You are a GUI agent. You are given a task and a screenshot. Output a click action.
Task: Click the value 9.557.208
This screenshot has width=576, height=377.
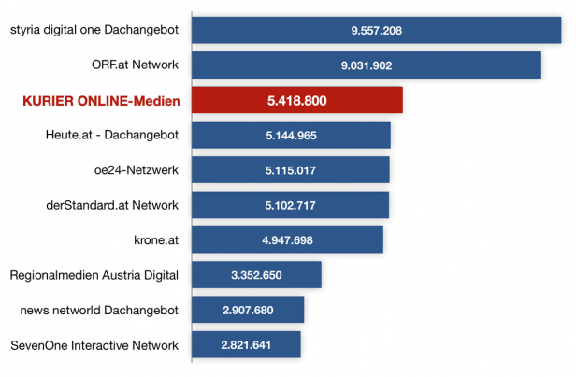tap(377, 31)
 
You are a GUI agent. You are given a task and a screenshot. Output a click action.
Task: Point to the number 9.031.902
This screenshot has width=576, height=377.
tap(367, 65)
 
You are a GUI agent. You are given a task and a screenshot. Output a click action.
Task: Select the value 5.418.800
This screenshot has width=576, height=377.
tap(296, 100)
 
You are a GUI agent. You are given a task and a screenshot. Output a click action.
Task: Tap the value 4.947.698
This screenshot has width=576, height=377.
tap(287, 240)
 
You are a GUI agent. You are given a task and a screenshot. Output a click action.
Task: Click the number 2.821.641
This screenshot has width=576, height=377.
tap(246, 345)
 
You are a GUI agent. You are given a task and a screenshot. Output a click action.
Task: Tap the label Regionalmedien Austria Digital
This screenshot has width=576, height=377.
tap(94, 275)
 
